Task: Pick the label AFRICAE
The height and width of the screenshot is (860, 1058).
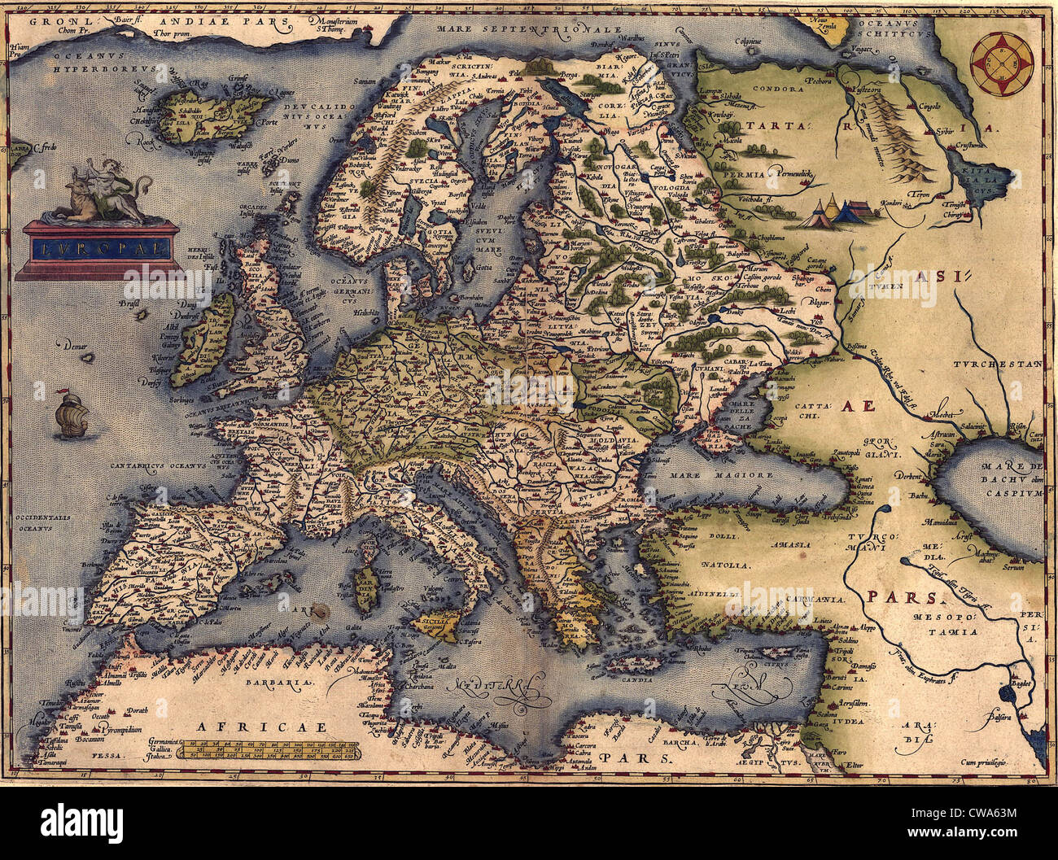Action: coord(255,727)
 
